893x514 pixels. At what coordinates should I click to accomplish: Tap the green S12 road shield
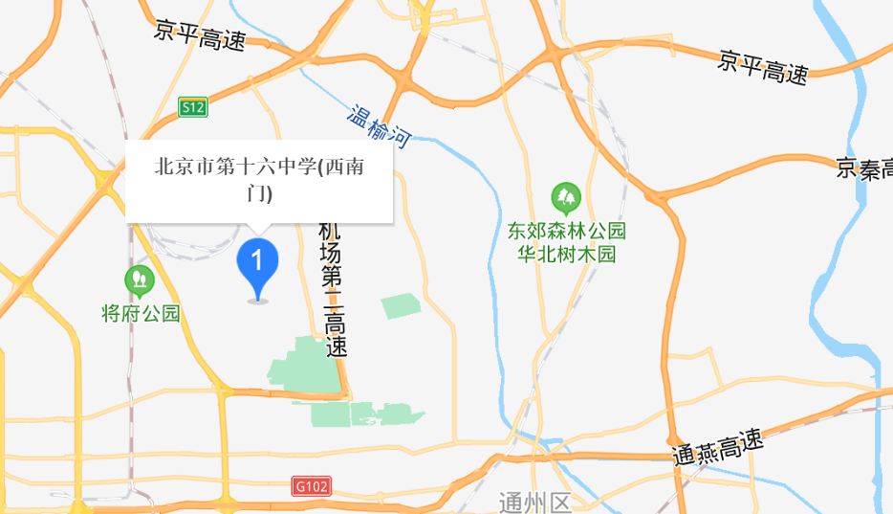click(193, 108)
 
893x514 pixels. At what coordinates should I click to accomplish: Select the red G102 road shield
click(312, 487)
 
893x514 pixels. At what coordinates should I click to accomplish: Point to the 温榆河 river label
click(379, 127)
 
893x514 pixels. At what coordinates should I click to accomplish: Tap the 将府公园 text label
click(141, 313)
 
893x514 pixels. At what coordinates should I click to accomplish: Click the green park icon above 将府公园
click(140, 279)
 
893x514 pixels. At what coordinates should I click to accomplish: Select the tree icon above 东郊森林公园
click(566, 198)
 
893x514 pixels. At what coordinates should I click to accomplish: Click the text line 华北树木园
click(566, 255)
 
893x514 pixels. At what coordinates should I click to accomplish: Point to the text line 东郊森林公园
click(566, 232)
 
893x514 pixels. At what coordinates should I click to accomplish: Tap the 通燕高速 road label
click(718, 445)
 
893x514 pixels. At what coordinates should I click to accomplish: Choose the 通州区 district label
click(534, 503)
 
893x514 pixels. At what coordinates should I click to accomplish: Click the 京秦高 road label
click(863, 169)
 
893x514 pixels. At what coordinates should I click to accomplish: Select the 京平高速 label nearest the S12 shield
click(200, 37)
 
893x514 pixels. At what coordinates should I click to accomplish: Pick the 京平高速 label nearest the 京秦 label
click(763, 67)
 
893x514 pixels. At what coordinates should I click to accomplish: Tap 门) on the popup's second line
click(259, 193)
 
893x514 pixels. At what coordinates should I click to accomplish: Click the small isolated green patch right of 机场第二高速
click(401, 306)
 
